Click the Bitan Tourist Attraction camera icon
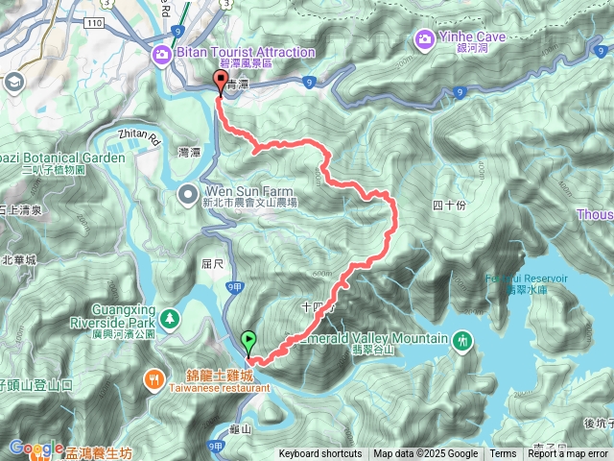[161, 52]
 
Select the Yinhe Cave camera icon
[423, 39]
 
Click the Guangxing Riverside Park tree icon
[170, 317]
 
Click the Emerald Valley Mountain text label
[374, 338]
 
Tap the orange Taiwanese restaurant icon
[154, 379]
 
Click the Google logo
[35, 448]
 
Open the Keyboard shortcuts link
[320, 454]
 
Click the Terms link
[503, 454]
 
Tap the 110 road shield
[92, 21]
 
